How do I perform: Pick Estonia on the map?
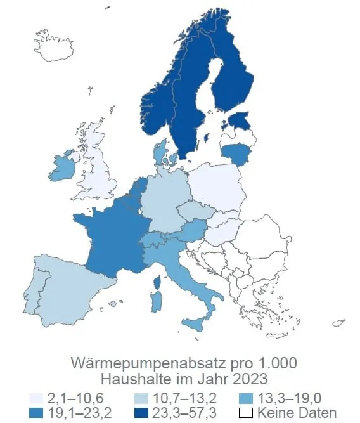[x=240, y=119]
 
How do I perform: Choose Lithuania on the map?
[x=235, y=152]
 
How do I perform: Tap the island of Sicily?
[x=196, y=324]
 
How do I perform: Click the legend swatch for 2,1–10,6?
[x=36, y=398]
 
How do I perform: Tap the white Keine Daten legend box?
[x=248, y=412]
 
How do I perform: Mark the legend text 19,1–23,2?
[x=75, y=412]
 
